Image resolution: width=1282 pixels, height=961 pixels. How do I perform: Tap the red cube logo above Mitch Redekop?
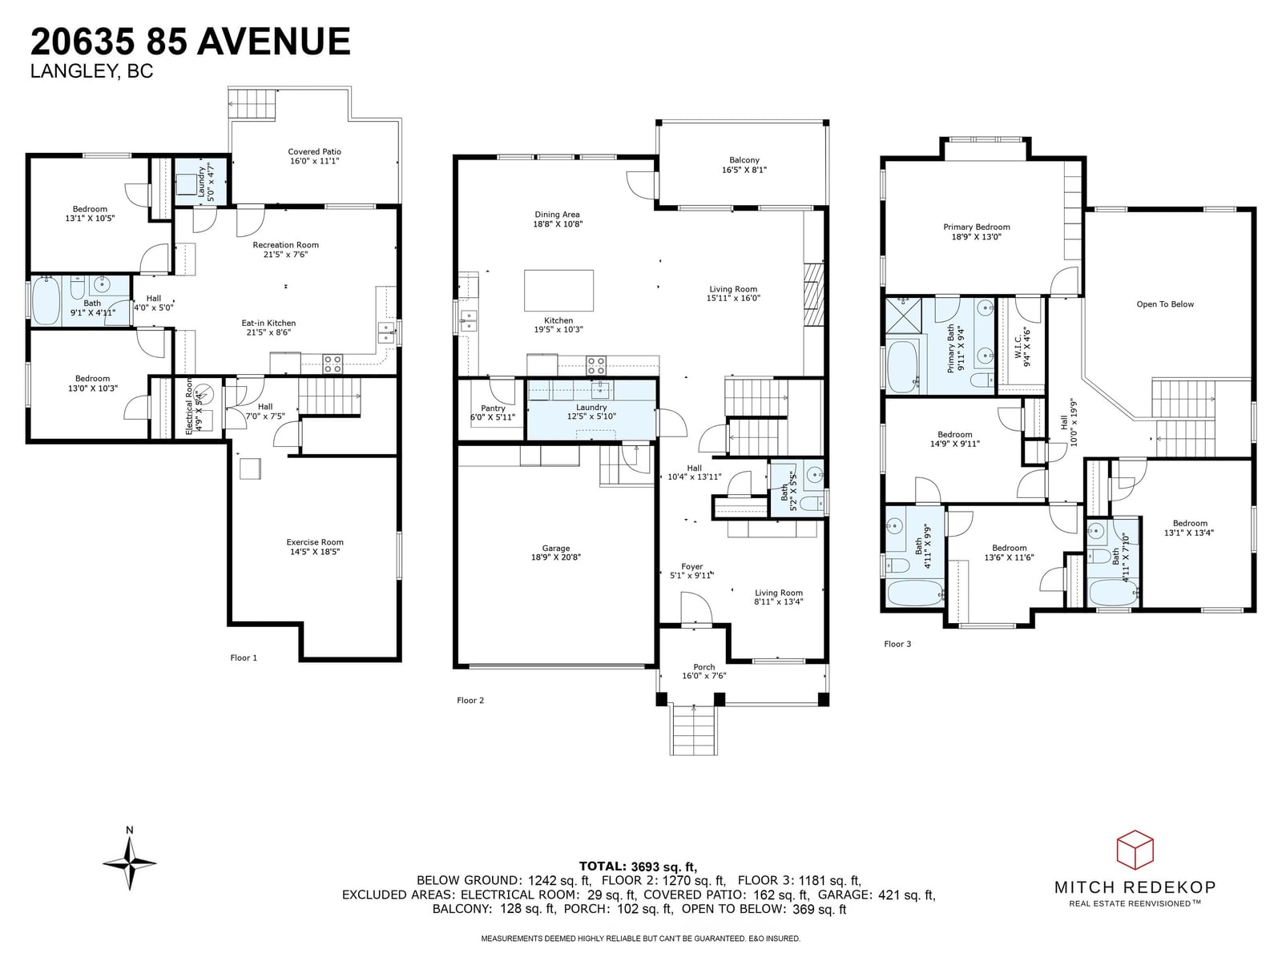tap(1135, 850)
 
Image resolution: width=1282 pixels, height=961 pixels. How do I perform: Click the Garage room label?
tap(555, 548)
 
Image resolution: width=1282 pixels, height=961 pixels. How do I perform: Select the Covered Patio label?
tap(314, 151)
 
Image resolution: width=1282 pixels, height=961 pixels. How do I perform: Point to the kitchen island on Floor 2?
tap(558, 290)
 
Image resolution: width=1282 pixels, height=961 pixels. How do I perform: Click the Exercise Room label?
tap(315, 542)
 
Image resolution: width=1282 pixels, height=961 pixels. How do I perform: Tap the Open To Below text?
tap(1164, 304)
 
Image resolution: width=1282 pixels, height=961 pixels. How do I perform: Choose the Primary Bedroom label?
tap(977, 227)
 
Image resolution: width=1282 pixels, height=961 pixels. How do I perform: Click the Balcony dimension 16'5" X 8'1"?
tap(744, 170)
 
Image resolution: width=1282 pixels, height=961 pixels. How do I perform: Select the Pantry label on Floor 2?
tap(493, 408)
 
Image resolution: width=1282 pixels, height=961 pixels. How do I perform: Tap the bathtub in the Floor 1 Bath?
tap(46, 301)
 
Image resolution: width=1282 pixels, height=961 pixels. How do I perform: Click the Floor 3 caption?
tap(897, 644)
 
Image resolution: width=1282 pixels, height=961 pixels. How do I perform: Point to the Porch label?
tap(703, 667)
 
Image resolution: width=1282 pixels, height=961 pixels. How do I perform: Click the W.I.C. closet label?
tap(1018, 347)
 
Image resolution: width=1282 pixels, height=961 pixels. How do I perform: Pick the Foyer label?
tap(692, 566)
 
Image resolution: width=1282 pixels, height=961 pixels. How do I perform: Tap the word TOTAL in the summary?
tap(602, 866)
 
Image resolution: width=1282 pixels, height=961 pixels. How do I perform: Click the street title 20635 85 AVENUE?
tap(191, 42)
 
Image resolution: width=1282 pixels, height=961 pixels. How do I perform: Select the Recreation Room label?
tap(285, 245)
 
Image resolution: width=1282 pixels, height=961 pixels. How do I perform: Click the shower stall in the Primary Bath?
tap(904, 315)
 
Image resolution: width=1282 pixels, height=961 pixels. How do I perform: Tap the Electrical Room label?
tap(189, 406)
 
